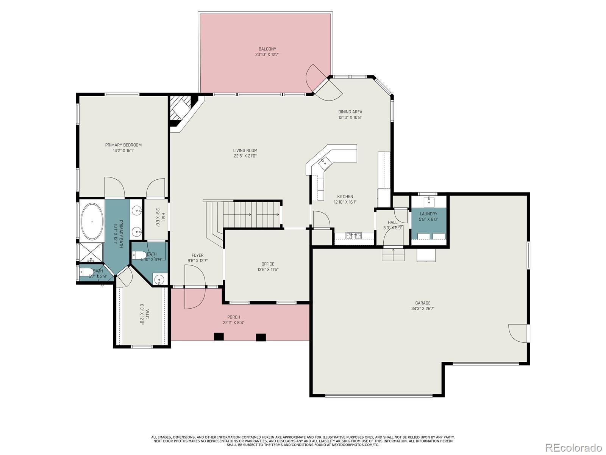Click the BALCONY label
(x=267, y=49)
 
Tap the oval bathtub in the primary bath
(x=92, y=221)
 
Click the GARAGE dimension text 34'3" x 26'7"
(x=423, y=308)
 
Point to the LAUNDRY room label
(x=428, y=214)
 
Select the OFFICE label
(x=268, y=264)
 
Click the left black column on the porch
(x=219, y=337)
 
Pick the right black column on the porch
(x=261, y=337)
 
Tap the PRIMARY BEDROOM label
(x=123, y=145)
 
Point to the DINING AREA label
(x=350, y=112)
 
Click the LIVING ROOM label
(x=245, y=151)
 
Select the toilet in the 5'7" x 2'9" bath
(x=86, y=271)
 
